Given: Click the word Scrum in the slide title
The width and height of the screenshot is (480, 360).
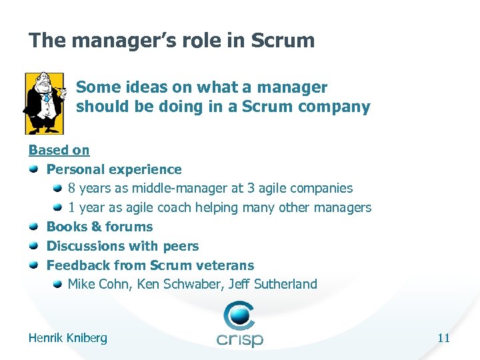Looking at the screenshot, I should pos(283,41).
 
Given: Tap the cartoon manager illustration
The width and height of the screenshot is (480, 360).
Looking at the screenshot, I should pos(44,103).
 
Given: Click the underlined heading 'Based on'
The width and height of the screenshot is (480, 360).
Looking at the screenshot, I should pos(59,151).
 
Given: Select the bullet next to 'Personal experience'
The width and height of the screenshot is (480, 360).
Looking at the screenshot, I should pos(34,169).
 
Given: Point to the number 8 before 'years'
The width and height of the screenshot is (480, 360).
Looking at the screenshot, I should pos(72,189).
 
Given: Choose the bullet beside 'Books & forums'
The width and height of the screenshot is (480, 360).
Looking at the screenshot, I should pos(34,227).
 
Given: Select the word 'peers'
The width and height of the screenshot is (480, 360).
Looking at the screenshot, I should pos(181,246).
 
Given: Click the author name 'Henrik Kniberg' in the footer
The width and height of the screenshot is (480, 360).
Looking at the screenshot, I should pos(67,338).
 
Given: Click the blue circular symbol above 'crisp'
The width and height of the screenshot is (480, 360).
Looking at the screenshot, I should pos(239,315).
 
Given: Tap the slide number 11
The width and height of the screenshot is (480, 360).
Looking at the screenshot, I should pos(443,338).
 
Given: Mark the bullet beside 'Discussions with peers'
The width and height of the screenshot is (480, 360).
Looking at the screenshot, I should pos(34,246).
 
